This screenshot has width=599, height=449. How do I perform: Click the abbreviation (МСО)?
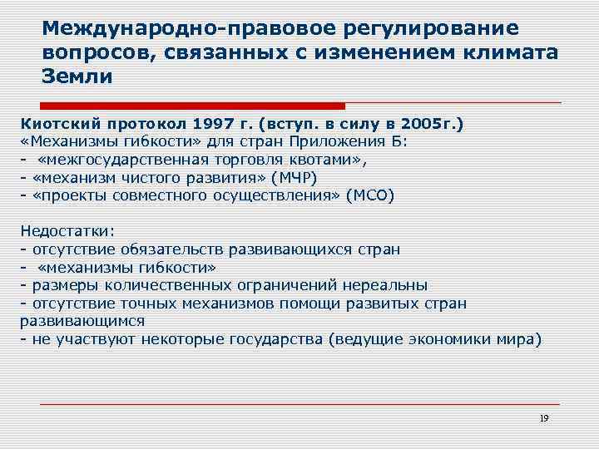tap(364, 195)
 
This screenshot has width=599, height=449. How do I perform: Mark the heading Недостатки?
tap(68, 230)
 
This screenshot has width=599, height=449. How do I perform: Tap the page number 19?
tap(543, 417)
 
